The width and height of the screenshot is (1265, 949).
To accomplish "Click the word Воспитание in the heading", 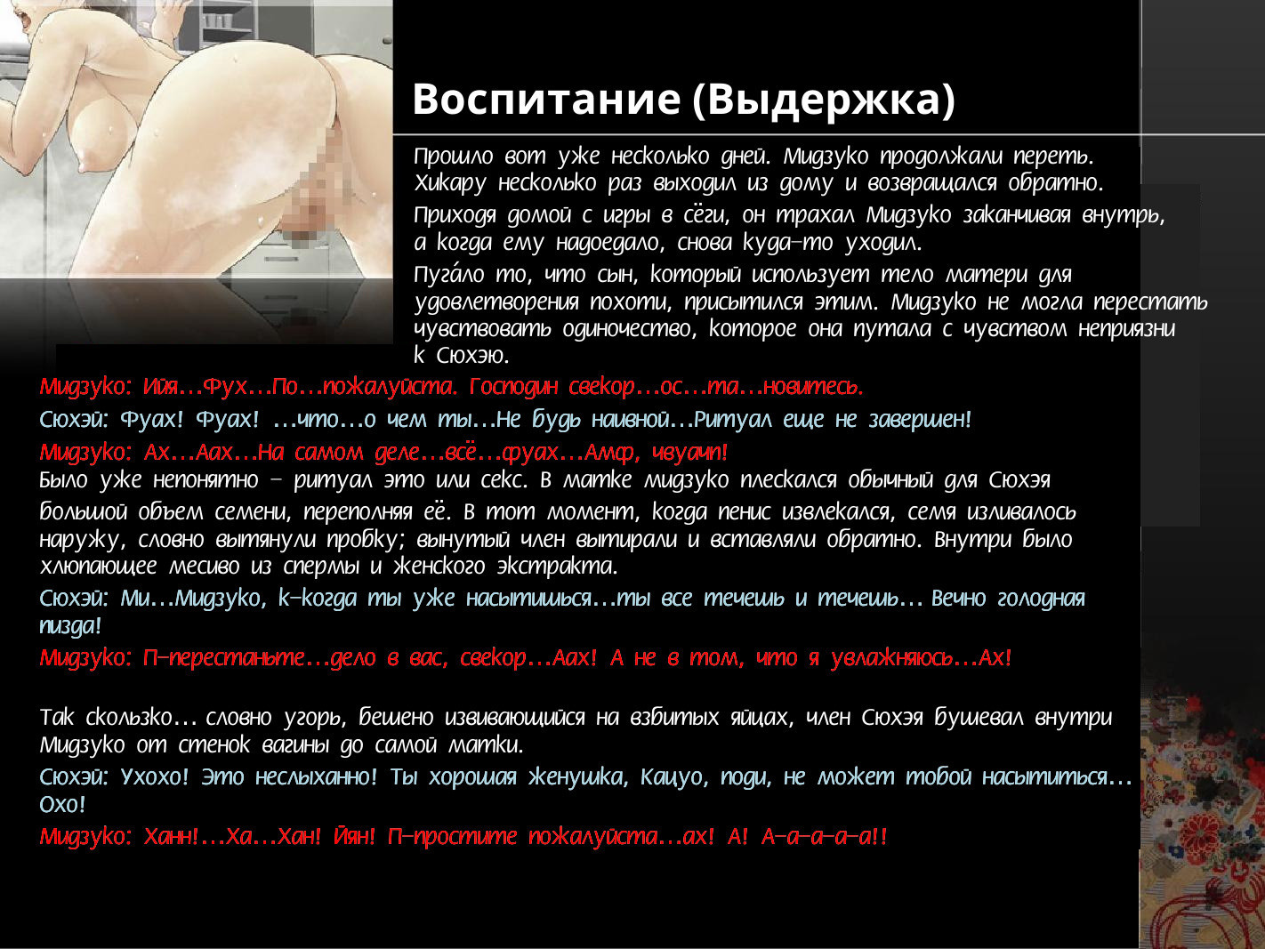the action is tap(546, 99).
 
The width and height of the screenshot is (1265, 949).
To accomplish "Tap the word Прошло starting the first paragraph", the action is tap(453, 156).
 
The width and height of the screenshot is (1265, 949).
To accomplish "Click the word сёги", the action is tap(706, 215).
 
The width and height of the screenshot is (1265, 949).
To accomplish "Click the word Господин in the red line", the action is tap(513, 387).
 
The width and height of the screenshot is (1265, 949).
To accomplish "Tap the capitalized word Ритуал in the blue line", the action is tap(732, 419).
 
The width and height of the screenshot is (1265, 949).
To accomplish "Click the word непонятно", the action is tap(205, 479).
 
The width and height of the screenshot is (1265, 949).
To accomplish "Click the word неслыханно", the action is tap(316, 777).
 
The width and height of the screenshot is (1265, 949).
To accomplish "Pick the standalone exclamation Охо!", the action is tap(62, 804).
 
